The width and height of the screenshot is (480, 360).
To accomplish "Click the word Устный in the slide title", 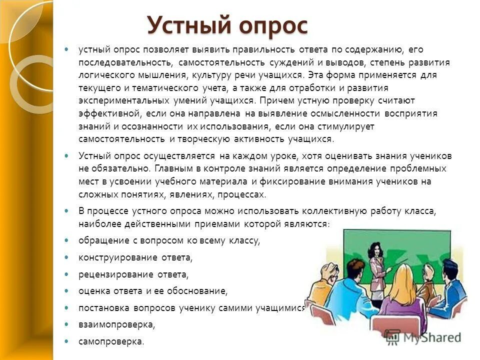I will click(x=182, y=24).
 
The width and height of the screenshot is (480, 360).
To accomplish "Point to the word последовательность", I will click(x=125, y=62).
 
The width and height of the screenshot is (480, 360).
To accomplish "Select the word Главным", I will click(x=172, y=168).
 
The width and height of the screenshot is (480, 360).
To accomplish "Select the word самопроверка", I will click(x=110, y=342).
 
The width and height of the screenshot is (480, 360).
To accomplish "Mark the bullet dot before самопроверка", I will click(x=66, y=341).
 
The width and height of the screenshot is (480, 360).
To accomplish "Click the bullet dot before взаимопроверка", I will click(x=66, y=324).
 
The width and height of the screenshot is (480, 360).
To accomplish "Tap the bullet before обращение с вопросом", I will click(x=66, y=240).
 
